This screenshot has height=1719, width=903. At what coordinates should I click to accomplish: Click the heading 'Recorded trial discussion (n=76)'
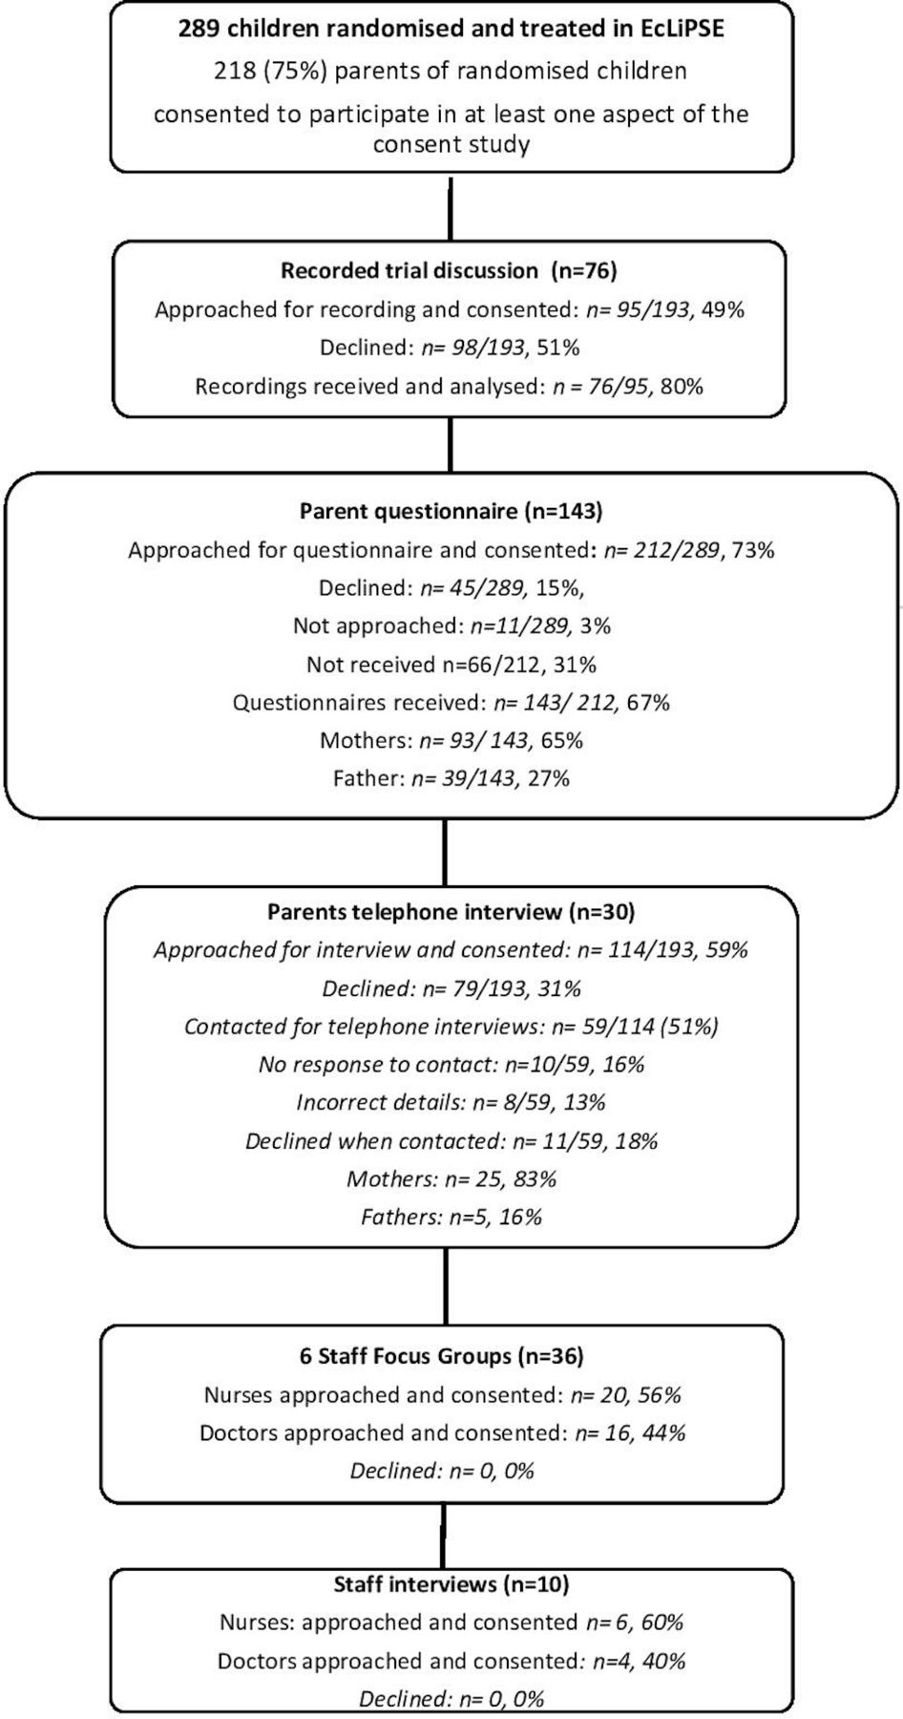(x=449, y=270)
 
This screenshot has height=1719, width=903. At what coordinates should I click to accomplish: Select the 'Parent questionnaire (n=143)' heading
(x=451, y=511)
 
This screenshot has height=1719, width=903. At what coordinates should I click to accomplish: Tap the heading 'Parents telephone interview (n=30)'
(x=451, y=912)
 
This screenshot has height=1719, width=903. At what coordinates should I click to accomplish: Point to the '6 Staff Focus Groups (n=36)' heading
(x=442, y=1356)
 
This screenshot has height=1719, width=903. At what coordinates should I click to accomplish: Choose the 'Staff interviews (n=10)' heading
(x=451, y=1584)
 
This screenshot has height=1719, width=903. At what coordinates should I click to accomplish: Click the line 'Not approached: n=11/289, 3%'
(x=451, y=626)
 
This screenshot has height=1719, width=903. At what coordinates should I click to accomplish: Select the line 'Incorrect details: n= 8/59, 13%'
(x=451, y=1102)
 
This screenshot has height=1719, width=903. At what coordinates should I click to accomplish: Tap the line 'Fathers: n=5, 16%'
(x=451, y=1217)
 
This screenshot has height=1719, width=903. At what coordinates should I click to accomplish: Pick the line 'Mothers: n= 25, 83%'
(x=451, y=1178)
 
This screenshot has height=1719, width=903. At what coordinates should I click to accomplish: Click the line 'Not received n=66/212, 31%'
(x=451, y=664)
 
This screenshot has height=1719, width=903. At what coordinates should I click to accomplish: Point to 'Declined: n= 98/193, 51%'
(x=450, y=348)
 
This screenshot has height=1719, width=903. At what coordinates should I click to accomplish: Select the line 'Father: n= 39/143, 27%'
(x=451, y=778)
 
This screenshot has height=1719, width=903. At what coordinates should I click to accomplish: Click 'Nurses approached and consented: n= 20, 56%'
(x=443, y=1395)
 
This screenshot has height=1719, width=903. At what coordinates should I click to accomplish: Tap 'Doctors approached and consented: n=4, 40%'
(x=451, y=1661)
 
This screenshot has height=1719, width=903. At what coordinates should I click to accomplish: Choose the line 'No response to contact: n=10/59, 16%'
(x=451, y=1064)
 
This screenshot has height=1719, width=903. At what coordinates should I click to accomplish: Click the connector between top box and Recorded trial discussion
(x=451, y=207)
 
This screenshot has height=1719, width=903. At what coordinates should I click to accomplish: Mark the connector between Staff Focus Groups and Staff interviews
(x=443, y=1537)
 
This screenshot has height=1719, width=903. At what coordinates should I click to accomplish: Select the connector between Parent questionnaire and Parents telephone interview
(x=445, y=853)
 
